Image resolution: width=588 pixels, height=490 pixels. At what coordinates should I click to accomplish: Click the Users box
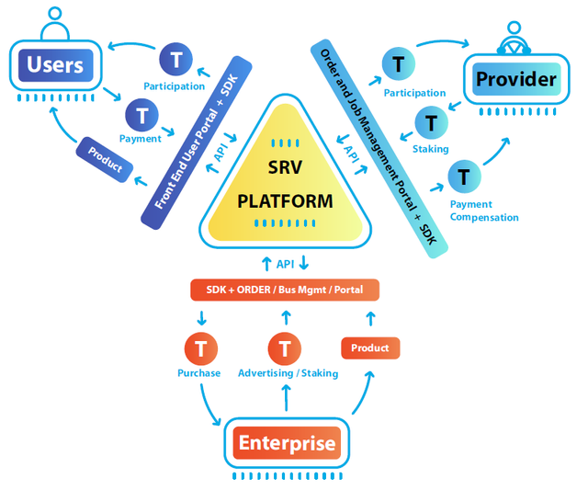55,65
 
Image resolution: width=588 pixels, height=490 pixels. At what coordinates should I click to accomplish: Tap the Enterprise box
287,444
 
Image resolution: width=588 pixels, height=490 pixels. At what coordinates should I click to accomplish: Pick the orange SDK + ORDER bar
285,291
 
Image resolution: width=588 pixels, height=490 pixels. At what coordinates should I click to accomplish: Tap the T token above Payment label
141,115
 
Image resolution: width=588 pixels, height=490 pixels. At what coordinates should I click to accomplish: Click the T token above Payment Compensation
464,176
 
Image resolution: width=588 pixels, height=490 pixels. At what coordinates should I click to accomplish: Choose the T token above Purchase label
199,348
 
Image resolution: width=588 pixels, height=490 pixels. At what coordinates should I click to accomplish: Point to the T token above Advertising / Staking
285,348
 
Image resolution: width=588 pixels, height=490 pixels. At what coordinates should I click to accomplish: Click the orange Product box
370,348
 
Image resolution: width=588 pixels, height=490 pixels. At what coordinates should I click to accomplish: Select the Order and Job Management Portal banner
379,147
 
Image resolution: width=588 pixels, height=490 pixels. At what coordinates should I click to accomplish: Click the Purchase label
199,373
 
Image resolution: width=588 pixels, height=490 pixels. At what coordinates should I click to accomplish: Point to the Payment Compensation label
484,211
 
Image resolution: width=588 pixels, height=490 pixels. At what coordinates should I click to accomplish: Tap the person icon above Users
55,19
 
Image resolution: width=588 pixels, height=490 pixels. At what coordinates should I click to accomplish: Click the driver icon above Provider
514,37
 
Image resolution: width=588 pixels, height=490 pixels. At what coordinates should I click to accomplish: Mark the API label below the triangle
286,265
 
